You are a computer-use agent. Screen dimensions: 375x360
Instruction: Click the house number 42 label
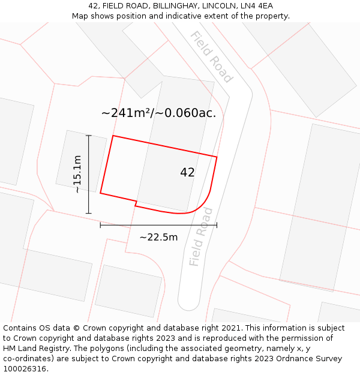(x=187, y=173)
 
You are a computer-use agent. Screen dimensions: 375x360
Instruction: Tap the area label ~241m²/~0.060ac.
(x=158, y=113)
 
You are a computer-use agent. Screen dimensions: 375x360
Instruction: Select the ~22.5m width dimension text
(x=158, y=237)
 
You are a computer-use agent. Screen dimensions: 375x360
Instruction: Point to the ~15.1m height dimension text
(x=77, y=174)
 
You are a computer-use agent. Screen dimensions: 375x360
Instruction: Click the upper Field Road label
(x=211, y=56)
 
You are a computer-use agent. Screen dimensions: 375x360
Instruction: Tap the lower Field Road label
(x=200, y=237)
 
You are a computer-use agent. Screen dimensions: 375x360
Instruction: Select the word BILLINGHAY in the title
(x=168, y=6)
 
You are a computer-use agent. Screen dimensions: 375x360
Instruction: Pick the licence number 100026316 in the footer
(x=24, y=369)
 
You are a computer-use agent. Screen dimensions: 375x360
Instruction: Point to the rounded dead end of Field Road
(x=188, y=303)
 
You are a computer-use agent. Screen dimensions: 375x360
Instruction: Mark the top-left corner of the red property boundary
(x=113, y=136)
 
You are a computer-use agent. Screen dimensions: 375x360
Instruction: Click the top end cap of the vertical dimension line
(x=89, y=136)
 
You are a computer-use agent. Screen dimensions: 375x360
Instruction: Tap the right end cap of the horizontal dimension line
(x=217, y=225)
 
